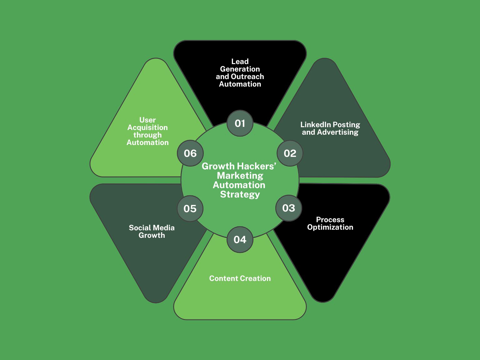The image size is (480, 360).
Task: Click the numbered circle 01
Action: tap(240, 123)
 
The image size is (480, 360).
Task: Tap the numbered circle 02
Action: tap(290, 153)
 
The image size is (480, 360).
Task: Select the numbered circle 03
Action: tap(289, 208)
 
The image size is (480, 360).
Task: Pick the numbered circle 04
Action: tap(240, 240)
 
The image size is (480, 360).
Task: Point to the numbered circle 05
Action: tap(190, 209)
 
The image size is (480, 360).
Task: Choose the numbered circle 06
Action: tap(190, 153)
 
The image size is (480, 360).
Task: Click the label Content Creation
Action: tap(240, 278)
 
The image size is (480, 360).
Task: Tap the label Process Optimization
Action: tap(330, 223)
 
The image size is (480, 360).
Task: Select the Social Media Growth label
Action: tap(152, 232)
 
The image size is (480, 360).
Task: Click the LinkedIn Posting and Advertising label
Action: tap(330, 128)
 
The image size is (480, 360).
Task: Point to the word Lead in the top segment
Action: tap(240, 62)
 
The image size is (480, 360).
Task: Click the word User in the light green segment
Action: tap(147, 120)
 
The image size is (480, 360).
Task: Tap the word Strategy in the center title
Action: tap(240, 194)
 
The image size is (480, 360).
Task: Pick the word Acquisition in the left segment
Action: tap(147, 128)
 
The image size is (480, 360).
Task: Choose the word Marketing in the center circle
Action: tap(240, 176)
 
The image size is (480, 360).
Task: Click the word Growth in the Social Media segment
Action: tap(152, 235)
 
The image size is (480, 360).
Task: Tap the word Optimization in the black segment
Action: tap(330, 227)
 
